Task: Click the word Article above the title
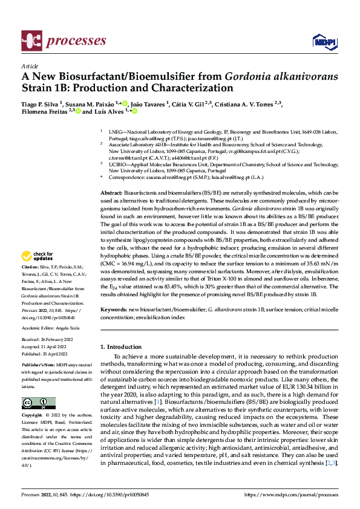tap(30, 66)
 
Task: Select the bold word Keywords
tap(113, 309)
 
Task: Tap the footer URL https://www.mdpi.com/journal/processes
tap(290, 494)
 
